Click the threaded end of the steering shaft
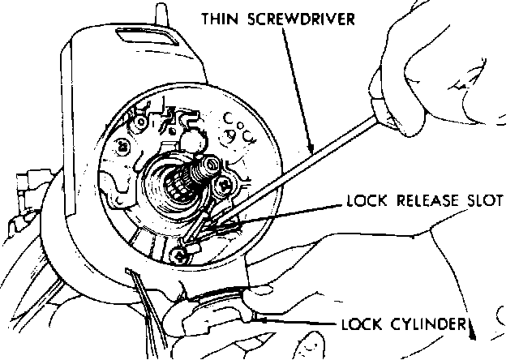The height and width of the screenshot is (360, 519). click(x=204, y=169)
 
